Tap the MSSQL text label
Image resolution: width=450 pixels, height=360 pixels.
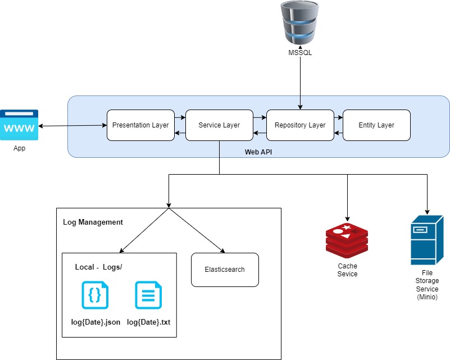(x=300, y=53)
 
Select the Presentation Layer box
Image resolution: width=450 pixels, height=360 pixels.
(x=140, y=125)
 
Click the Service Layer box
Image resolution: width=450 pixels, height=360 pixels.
(x=219, y=125)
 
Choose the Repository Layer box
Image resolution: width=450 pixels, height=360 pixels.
(x=300, y=125)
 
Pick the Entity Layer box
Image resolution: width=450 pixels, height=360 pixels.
(x=376, y=125)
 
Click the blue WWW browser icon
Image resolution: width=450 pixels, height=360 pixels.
(x=19, y=125)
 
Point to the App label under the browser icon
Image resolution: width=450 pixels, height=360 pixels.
(x=19, y=149)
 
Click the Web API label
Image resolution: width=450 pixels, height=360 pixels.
(x=259, y=152)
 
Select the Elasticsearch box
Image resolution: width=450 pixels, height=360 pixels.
(x=225, y=270)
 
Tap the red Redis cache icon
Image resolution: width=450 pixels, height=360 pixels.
(x=347, y=239)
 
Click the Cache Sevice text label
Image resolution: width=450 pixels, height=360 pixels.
(x=347, y=270)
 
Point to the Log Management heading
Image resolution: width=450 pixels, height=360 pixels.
(x=93, y=222)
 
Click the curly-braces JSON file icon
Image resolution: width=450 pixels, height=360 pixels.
(x=95, y=295)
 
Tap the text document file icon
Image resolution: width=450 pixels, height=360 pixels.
(x=148, y=295)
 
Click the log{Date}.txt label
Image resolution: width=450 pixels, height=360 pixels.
(x=148, y=322)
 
